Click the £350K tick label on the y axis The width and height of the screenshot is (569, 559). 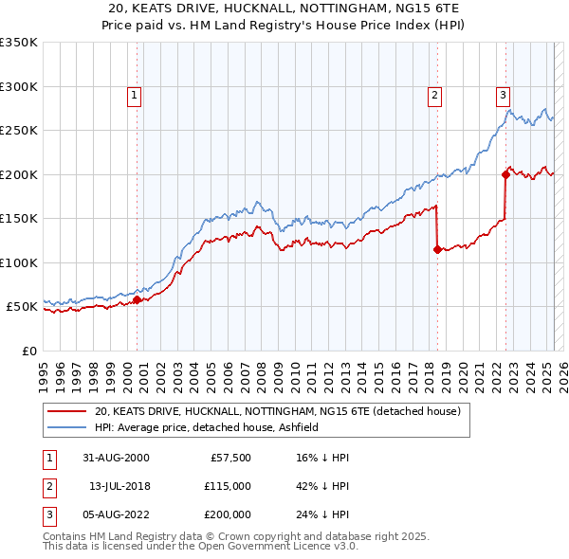click(19, 43)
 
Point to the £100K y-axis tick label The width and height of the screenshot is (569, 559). click(19, 262)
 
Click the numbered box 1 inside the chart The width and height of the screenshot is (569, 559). click(135, 95)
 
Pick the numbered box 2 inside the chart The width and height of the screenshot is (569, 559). click(434, 95)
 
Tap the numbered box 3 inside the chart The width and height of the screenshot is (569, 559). click(503, 95)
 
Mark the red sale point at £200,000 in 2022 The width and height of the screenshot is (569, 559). click(505, 174)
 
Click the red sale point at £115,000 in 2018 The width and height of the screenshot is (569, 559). click(437, 249)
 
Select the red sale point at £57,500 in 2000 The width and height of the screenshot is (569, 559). click(137, 299)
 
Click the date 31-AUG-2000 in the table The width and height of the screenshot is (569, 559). click(115, 457)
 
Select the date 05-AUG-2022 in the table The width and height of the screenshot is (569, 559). click(115, 515)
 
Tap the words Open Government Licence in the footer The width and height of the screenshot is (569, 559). click(255, 547)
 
